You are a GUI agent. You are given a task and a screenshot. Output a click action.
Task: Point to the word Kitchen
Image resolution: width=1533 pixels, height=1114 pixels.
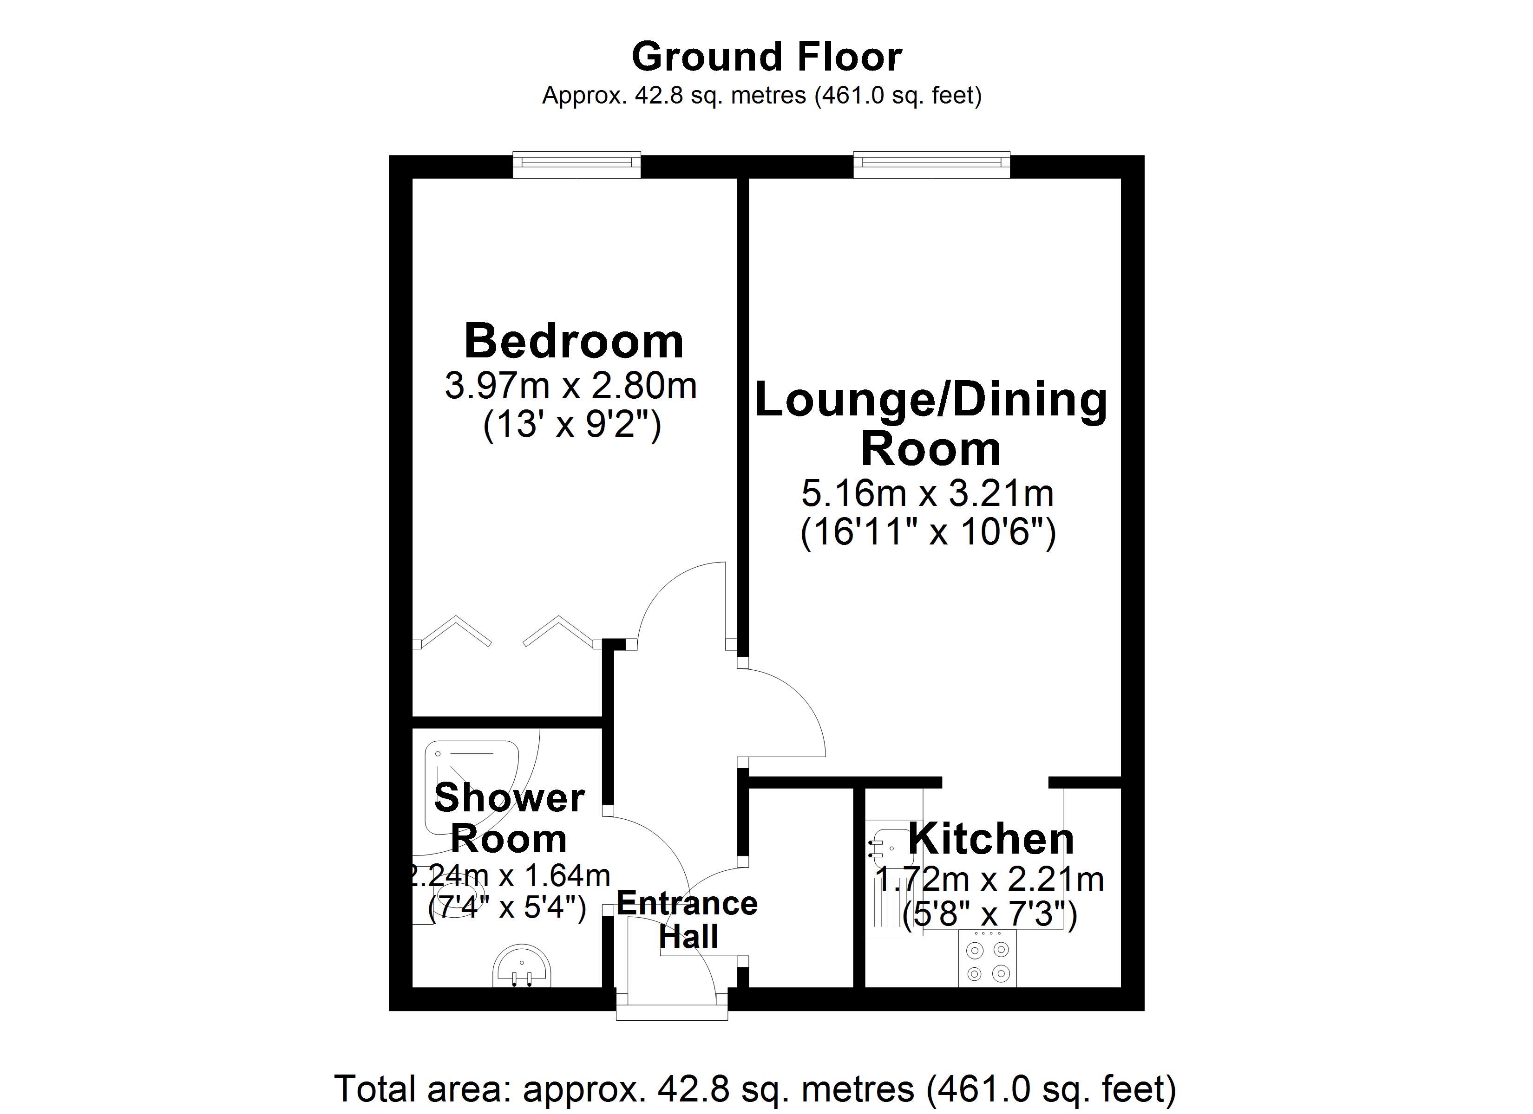coord(991,840)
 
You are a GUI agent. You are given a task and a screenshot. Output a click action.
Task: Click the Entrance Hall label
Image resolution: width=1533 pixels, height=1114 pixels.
coord(688,920)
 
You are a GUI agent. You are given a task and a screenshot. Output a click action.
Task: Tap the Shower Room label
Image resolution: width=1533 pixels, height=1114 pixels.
coord(509,818)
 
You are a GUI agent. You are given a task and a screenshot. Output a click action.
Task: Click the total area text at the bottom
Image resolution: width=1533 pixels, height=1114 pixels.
coord(755,1089)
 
